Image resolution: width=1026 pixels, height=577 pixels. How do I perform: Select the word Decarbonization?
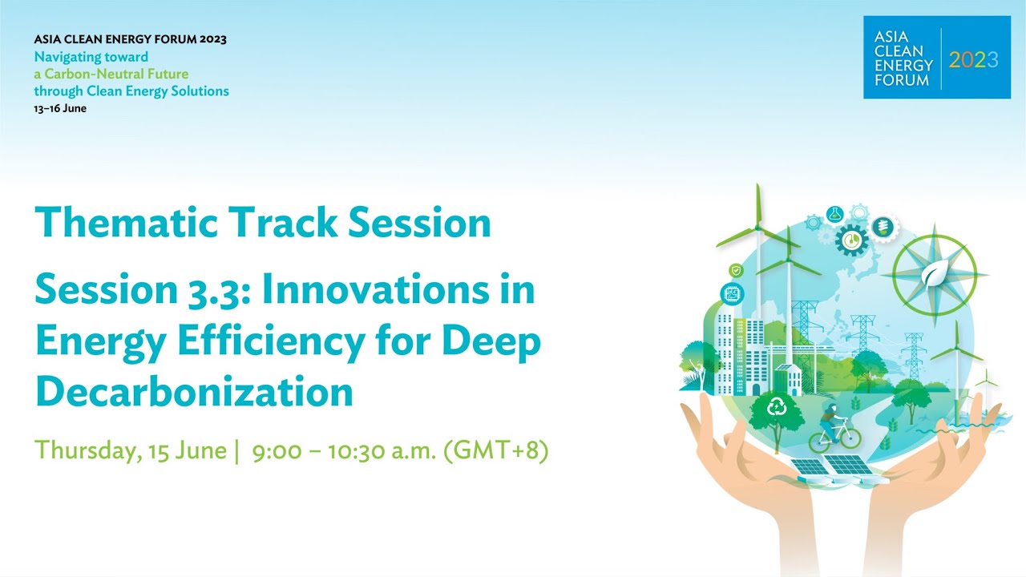[194, 392]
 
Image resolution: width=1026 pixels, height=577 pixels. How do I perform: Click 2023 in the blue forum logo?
[973, 59]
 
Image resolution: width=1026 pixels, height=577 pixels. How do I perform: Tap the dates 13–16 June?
[60, 108]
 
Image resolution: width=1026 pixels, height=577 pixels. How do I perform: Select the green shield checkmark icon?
[735, 271]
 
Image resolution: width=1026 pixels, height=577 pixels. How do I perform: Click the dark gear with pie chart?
[851, 239]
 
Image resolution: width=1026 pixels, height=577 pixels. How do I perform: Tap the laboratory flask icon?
[834, 215]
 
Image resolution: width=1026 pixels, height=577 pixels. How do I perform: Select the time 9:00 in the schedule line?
[277, 450]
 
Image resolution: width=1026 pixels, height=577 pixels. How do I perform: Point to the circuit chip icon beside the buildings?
[732, 294]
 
